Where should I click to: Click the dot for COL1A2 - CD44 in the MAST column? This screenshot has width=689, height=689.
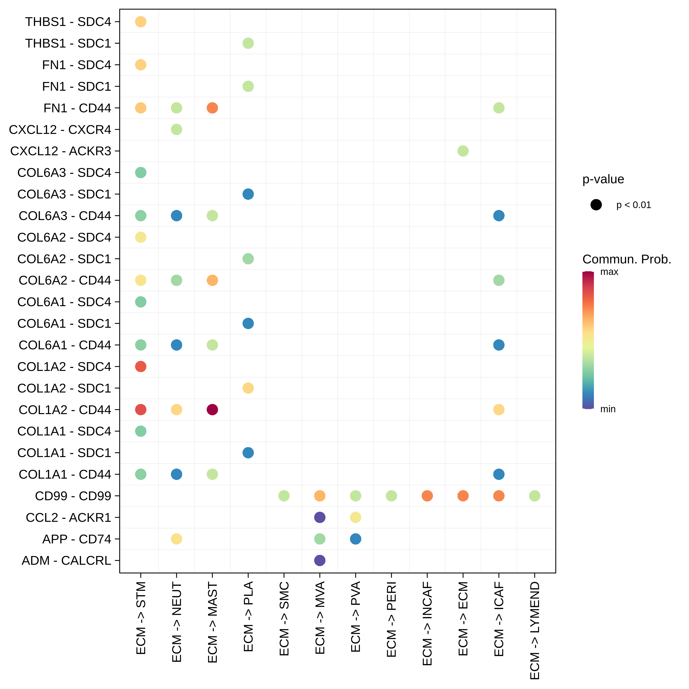[212, 409]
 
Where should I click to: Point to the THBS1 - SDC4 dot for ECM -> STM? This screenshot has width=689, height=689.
[141, 22]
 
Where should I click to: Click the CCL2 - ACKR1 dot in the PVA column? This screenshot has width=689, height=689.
[355, 517]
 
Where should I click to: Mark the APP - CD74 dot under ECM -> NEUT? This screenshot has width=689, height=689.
[177, 539]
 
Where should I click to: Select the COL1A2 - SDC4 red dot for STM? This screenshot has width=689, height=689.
[141, 366]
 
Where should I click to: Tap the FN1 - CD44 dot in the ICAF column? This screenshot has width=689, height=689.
[499, 108]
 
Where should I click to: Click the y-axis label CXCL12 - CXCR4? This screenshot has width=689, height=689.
[60, 130]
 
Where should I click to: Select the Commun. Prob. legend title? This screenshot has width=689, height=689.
[627, 259]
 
